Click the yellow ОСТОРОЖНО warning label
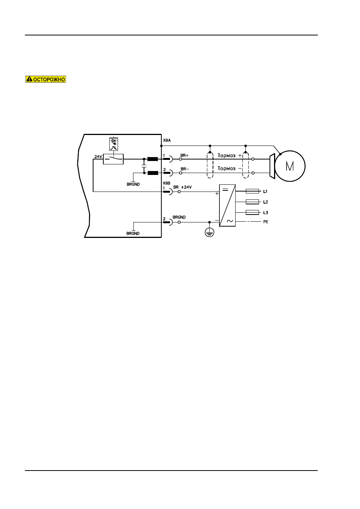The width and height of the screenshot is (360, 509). click(x=46, y=79)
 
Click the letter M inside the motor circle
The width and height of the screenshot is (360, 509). click(x=290, y=166)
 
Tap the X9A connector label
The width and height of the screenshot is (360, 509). click(x=167, y=140)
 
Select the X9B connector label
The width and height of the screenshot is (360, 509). click(x=167, y=183)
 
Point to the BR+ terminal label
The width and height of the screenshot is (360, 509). click(x=184, y=155)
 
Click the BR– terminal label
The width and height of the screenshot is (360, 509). click(x=185, y=169)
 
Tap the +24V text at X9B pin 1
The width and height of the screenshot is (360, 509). click(x=186, y=187)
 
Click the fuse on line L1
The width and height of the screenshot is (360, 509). click(x=252, y=191)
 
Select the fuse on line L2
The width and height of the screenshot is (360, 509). click(x=252, y=202)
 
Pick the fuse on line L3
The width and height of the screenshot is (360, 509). click(x=252, y=213)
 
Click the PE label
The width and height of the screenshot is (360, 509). click(x=266, y=222)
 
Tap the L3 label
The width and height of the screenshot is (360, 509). click(x=265, y=213)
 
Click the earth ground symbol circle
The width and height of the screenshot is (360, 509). click(x=210, y=232)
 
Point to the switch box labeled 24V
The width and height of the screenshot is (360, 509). click(x=113, y=159)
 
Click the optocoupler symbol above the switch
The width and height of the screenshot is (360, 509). click(x=113, y=144)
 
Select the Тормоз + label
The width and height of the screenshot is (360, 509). click(x=230, y=155)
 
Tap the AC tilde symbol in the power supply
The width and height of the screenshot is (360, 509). click(x=230, y=221)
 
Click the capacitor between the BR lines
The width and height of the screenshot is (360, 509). click(x=144, y=166)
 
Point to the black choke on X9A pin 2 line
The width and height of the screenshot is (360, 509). click(x=153, y=173)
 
